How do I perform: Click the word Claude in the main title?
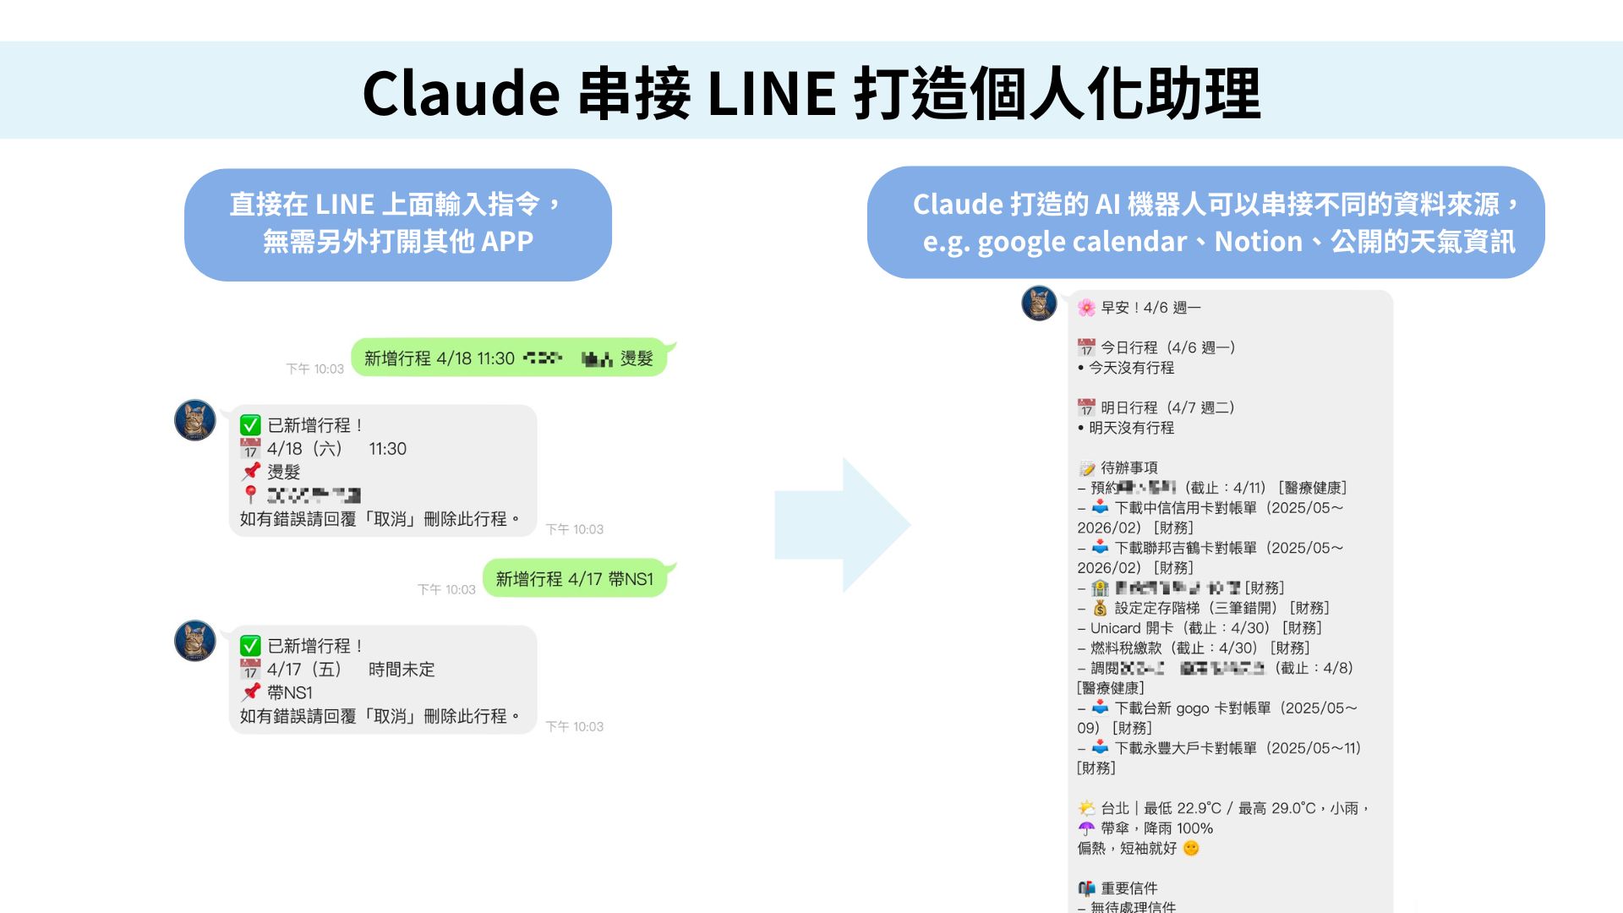point(461,93)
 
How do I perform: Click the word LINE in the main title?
point(771,93)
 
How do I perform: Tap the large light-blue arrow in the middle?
point(842,525)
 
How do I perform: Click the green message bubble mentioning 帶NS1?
point(575,579)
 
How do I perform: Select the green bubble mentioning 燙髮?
point(509,358)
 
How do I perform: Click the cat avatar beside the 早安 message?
point(1039,303)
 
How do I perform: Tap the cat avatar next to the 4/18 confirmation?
point(194,420)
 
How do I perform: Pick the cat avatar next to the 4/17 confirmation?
point(194,641)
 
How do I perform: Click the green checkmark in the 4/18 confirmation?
point(250,425)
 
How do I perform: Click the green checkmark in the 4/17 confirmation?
point(250,646)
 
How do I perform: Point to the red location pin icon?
point(250,495)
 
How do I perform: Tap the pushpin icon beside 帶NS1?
point(251,692)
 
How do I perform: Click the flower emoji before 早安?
point(1086,308)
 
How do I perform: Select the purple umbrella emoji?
point(1086,828)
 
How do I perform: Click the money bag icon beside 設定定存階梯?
point(1100,608)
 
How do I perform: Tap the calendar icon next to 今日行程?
point(1086,347)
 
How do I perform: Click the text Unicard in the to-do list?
point(1115,628)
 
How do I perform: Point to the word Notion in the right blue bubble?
point(1258,242)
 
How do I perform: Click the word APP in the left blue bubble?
point(507,242)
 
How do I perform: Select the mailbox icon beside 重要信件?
point(1086,888)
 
